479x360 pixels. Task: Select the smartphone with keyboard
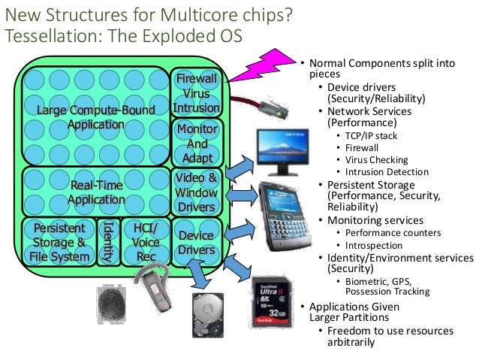coord(286,215)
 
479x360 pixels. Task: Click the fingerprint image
coord(115,305)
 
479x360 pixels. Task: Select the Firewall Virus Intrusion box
coord(196,93)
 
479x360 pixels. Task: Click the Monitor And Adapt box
coord(196,144)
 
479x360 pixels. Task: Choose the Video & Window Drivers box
coord(196,192)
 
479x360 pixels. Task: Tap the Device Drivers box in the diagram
coord(196,243)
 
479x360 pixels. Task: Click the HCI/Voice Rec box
coord(144,243)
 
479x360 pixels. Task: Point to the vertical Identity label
coord(107,243)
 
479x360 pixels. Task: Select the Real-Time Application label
coord(95,192)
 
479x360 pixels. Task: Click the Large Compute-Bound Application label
coord(95,117)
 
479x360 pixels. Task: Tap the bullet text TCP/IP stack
coord(371,136)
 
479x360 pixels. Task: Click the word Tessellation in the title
coord(42,36)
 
